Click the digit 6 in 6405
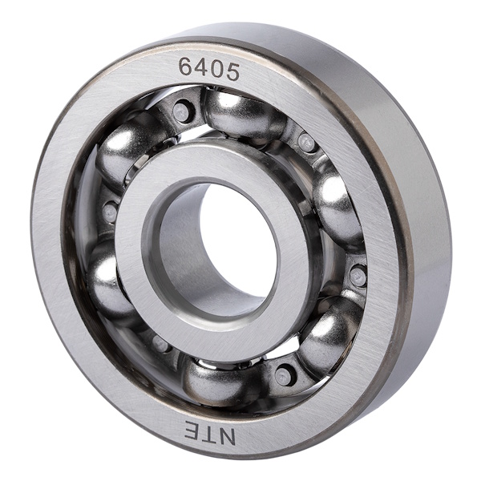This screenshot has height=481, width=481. coord(186,67)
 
